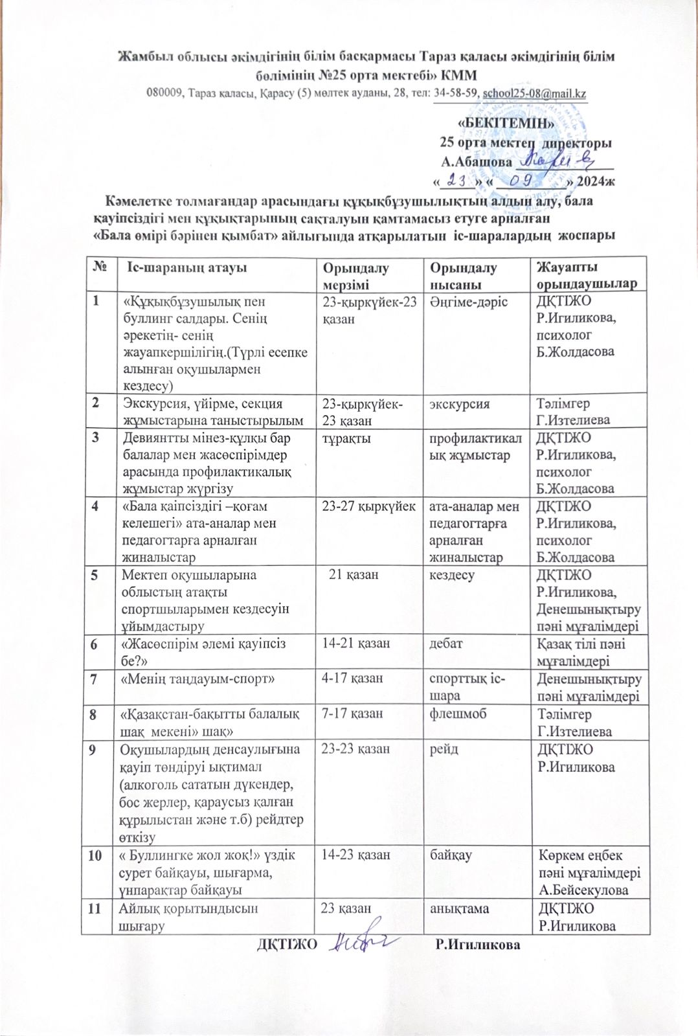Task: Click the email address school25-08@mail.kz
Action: coord(535,93)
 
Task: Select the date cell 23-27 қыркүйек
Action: coord(368,506)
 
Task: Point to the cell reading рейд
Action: coord(444,749)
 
